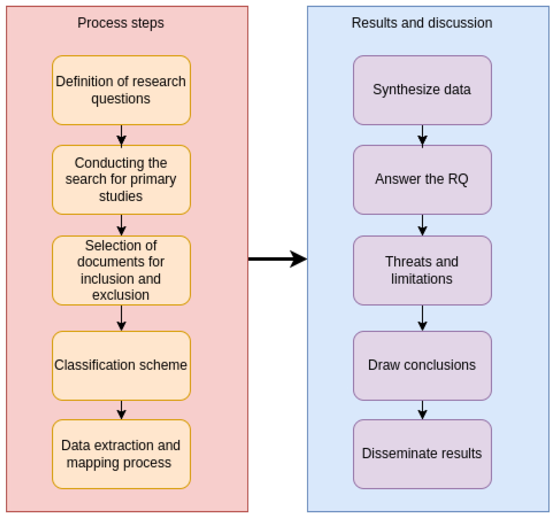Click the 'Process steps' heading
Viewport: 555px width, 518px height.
(121, 23)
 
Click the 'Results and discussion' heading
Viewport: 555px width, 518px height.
(422, 23)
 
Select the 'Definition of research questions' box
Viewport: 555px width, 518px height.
(121, 90)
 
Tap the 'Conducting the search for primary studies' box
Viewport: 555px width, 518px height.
(121, 180)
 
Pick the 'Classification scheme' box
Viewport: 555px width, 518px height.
(121, 365)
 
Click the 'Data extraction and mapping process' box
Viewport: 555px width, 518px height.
(121, 454)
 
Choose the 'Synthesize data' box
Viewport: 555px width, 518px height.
(422, 90)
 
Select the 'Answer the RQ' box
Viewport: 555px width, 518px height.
(422, 180)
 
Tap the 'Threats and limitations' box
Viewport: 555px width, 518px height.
(422, 270)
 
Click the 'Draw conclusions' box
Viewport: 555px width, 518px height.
(422, 365)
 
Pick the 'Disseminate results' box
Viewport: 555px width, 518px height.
(422, 454)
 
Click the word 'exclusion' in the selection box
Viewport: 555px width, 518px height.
(121, 295)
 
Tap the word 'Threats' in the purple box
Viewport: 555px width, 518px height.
(405, 262)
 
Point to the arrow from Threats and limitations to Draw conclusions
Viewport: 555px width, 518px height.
(422, 318)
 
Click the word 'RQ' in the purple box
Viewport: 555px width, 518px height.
(458, 179)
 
